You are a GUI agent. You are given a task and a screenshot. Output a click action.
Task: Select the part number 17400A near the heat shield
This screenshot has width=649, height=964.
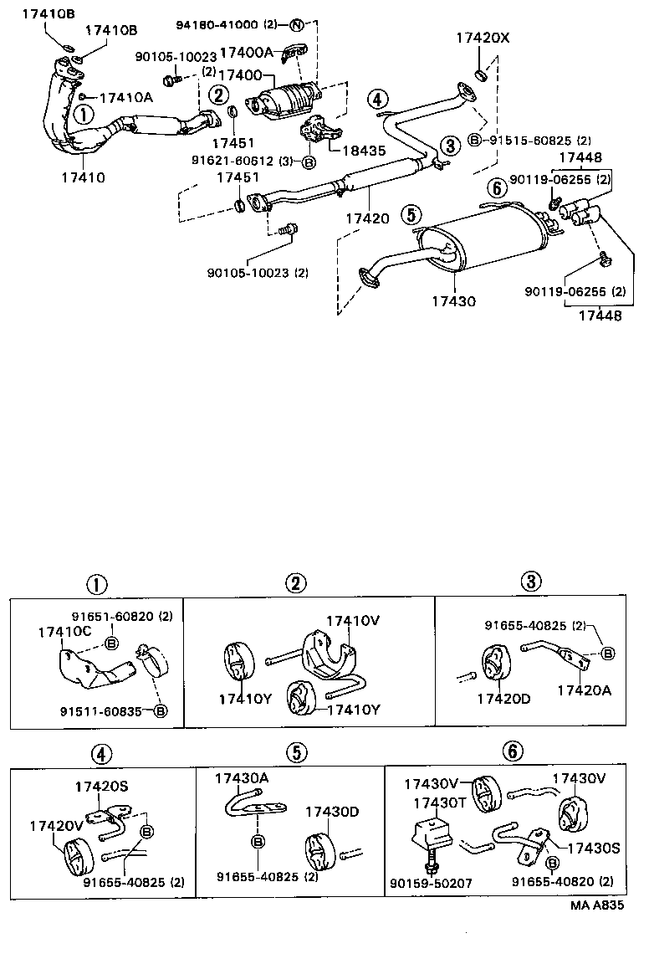pos(247,52)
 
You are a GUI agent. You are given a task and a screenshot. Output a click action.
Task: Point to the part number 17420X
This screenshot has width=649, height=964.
pos(482,38)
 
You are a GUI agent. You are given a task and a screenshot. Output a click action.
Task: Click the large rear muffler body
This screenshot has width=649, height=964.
pos(485,243)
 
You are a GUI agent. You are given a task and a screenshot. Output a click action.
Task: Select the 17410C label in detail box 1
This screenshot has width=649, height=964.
pos(64,633)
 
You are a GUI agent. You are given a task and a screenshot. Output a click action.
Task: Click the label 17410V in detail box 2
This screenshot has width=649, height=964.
pos(353,620)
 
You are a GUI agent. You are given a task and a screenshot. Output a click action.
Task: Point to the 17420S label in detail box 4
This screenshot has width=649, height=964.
pos(101,786)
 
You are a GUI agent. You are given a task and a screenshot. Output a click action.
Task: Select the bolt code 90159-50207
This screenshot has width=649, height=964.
pos(432,883)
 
